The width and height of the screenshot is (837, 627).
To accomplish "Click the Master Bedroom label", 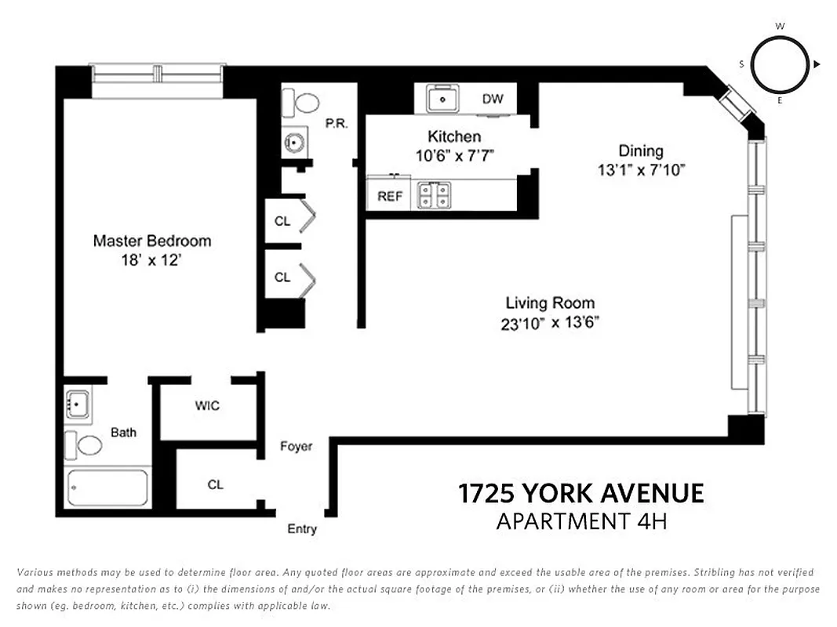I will pyautogui.click(x=151, y=241).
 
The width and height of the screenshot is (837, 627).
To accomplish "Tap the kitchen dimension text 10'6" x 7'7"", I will pyautogui.click(x=454, y=155).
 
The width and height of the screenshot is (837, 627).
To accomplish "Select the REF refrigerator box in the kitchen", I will pyautogui.click(x=389, y=196).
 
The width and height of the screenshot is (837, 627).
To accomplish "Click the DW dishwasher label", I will pyautogui.click(x=493, y=99).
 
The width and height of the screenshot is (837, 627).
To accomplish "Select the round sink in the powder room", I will pyautogui.click(x=295, y=143).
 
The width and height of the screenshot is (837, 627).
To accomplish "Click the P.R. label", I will pyautogui.click(x=336, y=123).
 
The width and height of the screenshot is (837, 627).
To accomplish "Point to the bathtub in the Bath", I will pyautogui.click(x=107, y=487).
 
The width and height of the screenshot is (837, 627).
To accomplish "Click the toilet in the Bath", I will pyautogui.click(x=84, y=445).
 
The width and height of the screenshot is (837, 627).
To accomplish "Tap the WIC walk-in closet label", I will pyautogui.click(x=207, y=405).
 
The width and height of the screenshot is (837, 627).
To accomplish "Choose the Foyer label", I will pyautogui.click(x=296, y=446).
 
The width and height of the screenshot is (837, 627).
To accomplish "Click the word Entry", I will pyautogui.click(x=301, y=529).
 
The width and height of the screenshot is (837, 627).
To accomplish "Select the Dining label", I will pyautogui.click(x=640, y=150).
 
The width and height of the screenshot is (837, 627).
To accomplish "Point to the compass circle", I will pyautogui.click(x=780, y=64).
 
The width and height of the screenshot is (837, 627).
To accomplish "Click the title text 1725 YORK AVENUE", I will pyautogui.click(x=580, y=493).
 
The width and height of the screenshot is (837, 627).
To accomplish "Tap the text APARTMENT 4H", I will pyautogui.click(x=580, y=521).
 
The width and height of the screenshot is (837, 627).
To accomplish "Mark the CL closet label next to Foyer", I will pyautogui.click(x=215, y=484).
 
